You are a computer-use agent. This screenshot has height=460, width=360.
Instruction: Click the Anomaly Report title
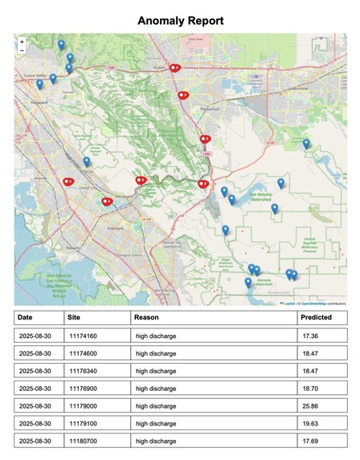tap(180, 20)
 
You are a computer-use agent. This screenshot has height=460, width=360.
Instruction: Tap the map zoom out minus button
tap(22, 49)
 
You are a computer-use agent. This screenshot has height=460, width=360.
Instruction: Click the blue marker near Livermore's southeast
tap(306, 144)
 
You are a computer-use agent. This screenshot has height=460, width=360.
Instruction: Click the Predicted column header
tap(316, 318)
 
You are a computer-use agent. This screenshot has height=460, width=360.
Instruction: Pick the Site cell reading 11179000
tap(83, 405)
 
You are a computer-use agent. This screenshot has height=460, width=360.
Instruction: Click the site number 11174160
tap(83, 336)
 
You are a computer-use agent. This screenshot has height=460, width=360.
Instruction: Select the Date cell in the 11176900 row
tap(34, 388)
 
